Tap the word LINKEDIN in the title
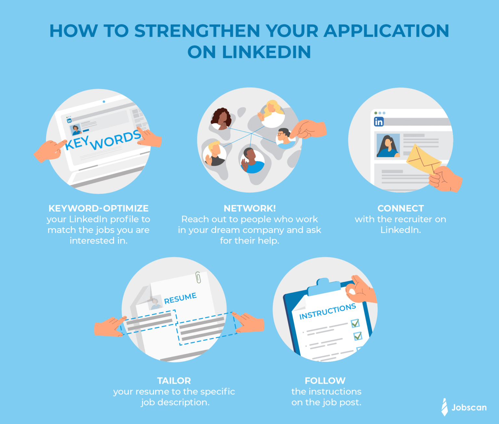[266, 52]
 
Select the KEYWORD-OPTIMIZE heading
[98, 208]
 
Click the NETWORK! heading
[249, 208]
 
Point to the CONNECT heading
[401, 208]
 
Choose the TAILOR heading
[174, 380]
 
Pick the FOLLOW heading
[325, 380]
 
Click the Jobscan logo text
[469, 407]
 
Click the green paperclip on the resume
[198, 278]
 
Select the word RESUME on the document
[180, 298]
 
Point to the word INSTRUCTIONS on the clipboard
[327, 311]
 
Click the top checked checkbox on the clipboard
[355, 323]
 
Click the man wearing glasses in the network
[284, 136]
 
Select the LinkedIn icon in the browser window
[379, 122]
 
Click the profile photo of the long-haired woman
[388, 146]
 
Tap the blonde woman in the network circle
[272, 112]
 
